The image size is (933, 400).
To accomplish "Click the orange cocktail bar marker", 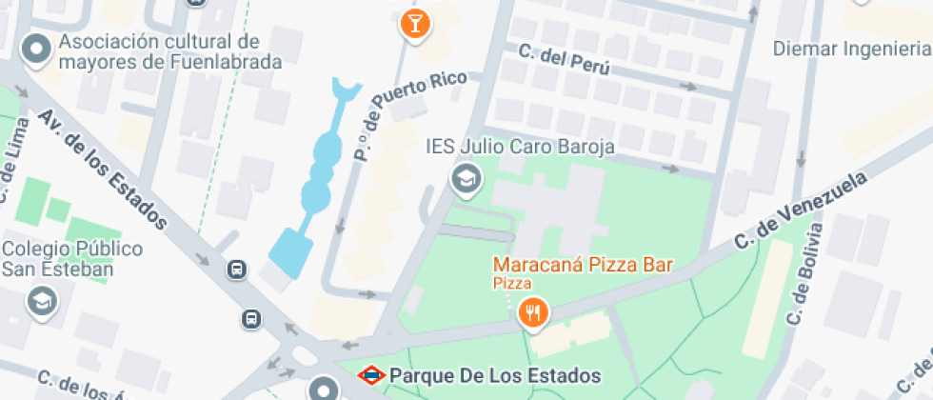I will pos(414,24).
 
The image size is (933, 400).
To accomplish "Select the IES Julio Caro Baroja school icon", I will pos(466,178).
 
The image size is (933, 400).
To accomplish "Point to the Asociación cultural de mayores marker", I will pos(37,50).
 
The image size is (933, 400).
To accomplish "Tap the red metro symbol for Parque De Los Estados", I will pos(371,375).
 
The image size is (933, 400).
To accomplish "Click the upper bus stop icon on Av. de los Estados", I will pos(236,270).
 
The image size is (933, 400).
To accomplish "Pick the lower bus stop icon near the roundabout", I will pos(251,318).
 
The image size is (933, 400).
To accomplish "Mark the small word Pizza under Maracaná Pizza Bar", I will pos(511,282).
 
